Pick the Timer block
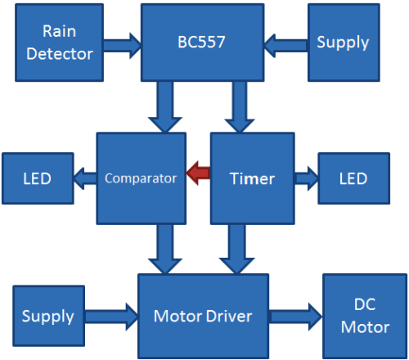tap(252, 178)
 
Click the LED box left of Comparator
tap(37, 178)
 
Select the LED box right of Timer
tap(353, 178)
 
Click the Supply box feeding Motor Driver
tap(48, 316)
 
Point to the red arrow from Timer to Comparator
tap(197, 173)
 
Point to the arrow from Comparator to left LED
tap(85, 177)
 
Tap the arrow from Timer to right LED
tap(306, 177)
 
